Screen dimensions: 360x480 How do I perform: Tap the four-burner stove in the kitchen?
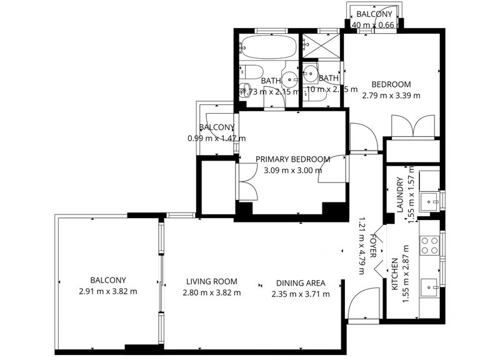tap(430, 244)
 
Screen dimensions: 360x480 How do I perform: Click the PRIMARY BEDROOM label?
tap(292, 159)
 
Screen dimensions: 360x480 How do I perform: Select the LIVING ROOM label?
tap(210, 281)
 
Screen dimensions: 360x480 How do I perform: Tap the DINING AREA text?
tap(300, 281)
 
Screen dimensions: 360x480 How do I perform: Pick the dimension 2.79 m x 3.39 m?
tap(391, 96)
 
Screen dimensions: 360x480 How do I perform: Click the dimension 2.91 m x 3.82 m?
tap(108, 292)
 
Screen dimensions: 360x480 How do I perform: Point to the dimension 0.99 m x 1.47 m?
tap(216, 138)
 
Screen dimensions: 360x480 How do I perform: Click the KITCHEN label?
tap(394, 275)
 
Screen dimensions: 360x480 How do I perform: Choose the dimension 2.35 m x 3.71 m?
tap(301, 294)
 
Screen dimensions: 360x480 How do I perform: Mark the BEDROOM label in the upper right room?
tap(391, 84)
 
